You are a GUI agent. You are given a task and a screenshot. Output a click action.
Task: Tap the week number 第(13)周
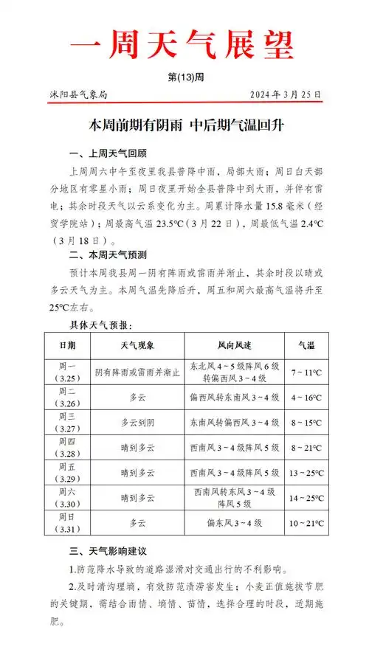(x=184, y=79)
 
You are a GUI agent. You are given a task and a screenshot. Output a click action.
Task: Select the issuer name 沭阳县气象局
(x=75, y=94)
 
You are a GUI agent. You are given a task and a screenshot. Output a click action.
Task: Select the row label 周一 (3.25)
(x=67, y=372)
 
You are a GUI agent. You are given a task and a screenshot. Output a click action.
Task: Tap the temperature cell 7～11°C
(x=306, y=373)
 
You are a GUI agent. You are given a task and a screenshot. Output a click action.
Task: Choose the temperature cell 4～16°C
(x=306, y=398)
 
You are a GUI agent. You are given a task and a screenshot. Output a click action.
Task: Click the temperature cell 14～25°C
(x=306, y=498)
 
